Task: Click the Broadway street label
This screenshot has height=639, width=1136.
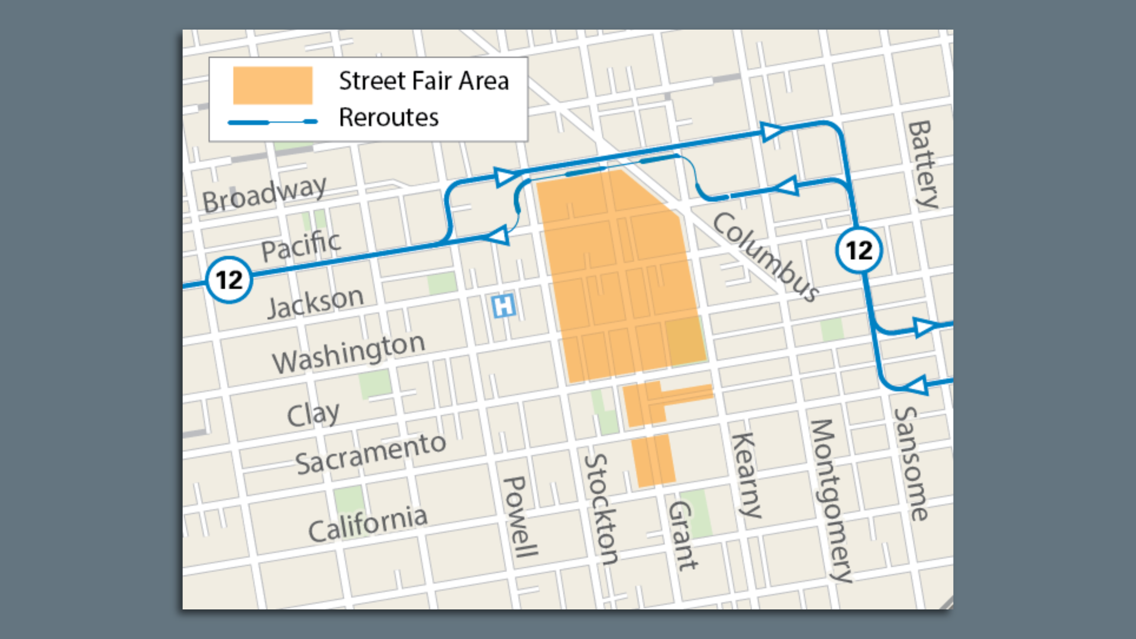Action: [264, 194]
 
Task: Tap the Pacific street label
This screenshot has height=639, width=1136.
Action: [301, 245]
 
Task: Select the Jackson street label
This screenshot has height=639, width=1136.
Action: [315, 302]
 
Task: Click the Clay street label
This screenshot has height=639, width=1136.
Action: [313, 414]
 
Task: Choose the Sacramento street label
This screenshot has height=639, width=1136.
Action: [370, 454]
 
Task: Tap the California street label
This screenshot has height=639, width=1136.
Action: [367, 524]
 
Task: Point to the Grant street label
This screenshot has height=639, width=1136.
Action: [682, 535]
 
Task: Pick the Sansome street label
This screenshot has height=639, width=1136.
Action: [911, 463]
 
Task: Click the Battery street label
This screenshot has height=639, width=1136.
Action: [924, 164]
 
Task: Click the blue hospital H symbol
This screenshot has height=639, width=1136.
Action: [504, 306]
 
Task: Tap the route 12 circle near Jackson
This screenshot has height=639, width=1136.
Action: [229, 280]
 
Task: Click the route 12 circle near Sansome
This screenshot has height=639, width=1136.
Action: [859, 250]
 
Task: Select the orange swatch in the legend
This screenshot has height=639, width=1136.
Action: [273, 85]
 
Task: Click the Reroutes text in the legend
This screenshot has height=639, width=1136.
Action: [389, 117]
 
